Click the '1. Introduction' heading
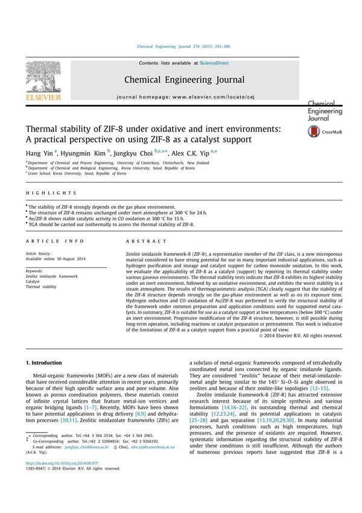point(45,363)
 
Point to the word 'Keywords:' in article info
point(34,271)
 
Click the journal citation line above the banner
point(183,46)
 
